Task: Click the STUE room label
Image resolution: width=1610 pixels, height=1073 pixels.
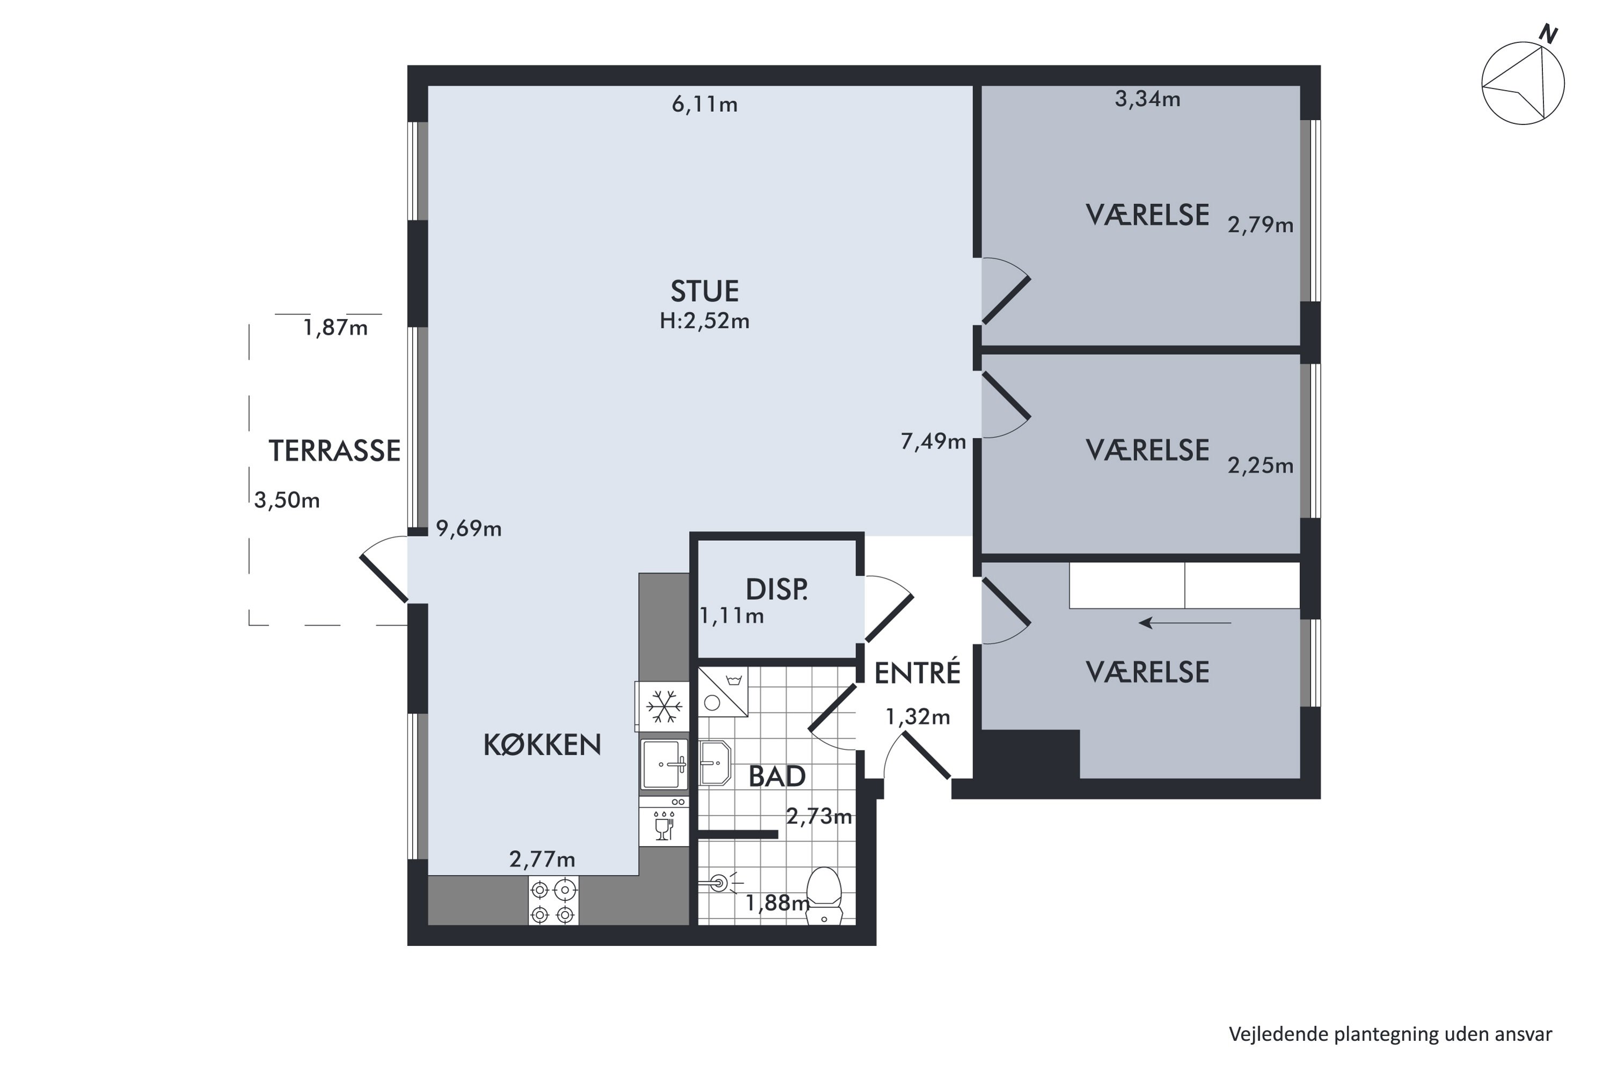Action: tap(704, 291)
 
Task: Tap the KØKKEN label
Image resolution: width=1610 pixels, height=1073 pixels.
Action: tap(542, 745)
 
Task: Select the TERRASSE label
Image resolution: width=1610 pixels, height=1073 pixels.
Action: tap(334, 451)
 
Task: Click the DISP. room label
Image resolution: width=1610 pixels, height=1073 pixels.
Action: tap(776, 590)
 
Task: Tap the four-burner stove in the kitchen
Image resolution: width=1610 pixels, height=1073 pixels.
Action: tap(553, 901)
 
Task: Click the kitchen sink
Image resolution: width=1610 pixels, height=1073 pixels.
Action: tap(664, 765)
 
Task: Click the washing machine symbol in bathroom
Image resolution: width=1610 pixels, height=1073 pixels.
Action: tap(723, 692)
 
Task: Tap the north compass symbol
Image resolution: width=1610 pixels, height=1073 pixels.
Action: tap(1524, 82)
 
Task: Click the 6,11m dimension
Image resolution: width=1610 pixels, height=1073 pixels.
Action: tap(704, 105)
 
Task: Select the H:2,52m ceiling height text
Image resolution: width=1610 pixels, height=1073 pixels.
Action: tap(704, 321)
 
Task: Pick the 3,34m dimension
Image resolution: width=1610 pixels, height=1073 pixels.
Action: tap(1147, 99)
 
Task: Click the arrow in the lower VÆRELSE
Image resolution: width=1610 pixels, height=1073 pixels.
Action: tap(1185, 623)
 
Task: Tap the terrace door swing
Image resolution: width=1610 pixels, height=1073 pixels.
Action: tap(383, 569)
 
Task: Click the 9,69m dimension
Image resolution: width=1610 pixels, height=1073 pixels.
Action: tap(469, 529)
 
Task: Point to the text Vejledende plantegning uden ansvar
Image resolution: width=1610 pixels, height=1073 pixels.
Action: tap(1391, 1034)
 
